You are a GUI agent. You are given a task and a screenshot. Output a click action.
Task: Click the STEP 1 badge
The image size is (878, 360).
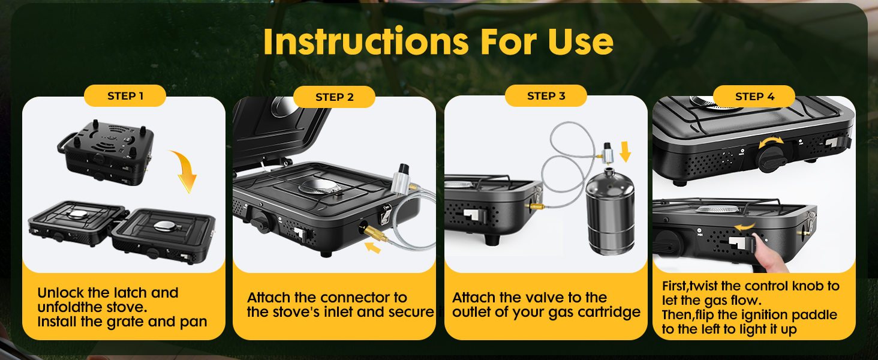tap(125, 95)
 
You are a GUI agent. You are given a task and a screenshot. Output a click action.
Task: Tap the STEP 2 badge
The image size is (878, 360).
tap(334, 97)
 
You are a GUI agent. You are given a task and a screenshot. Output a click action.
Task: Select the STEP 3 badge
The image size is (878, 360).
tap(546, 95)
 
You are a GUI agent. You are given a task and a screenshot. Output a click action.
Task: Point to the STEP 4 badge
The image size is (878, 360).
tap(754, 97)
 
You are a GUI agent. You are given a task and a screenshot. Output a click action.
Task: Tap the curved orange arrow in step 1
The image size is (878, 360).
tap(184, 170)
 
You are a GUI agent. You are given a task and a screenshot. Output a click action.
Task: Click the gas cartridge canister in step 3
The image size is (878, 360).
tap(610, 212)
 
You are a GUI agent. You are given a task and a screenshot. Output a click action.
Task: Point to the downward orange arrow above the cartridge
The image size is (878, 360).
tap(625, 151)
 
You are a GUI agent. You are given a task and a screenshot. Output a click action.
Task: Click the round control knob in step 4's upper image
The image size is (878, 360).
tap(770, 159)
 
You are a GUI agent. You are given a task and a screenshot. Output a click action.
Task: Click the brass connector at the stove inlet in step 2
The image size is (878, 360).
tap(375, 234)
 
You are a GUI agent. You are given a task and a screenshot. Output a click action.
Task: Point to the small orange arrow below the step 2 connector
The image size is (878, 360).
tap(372, 248)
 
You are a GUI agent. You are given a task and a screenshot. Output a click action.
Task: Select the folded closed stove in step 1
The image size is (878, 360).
tap(106, 153)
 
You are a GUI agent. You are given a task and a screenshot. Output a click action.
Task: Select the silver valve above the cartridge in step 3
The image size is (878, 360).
tap(608, 154)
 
